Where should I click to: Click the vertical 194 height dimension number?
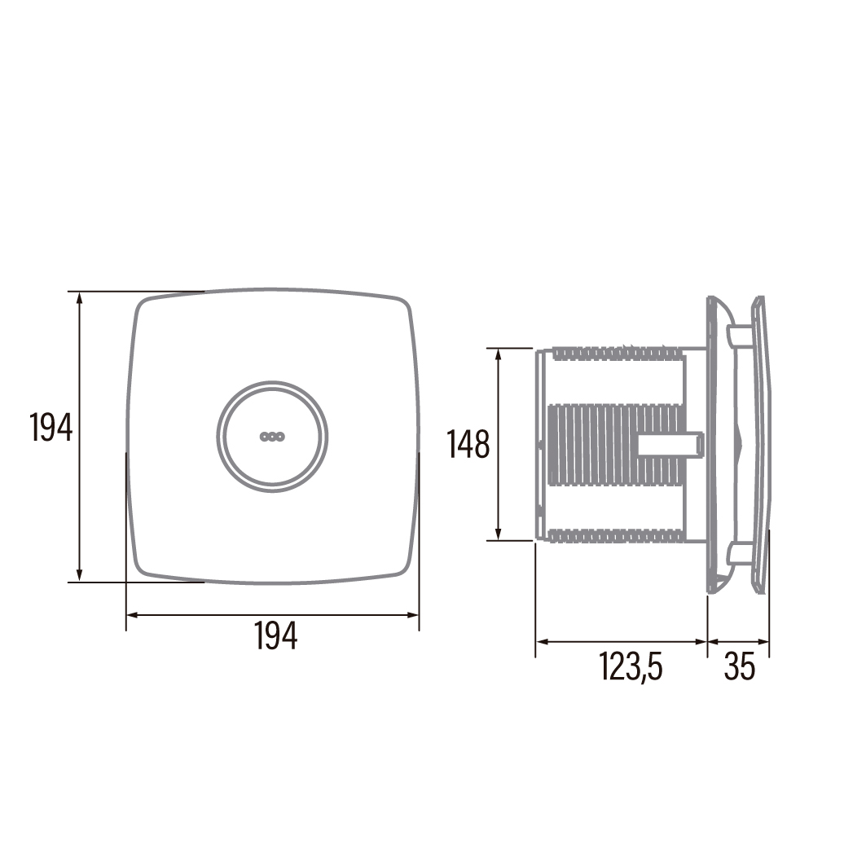[51, 428]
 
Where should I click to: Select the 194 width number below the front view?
[276, 635]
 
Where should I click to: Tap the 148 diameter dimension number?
[468, 445]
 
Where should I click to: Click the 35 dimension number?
[740, 667]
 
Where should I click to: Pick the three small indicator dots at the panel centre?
[271, 437]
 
